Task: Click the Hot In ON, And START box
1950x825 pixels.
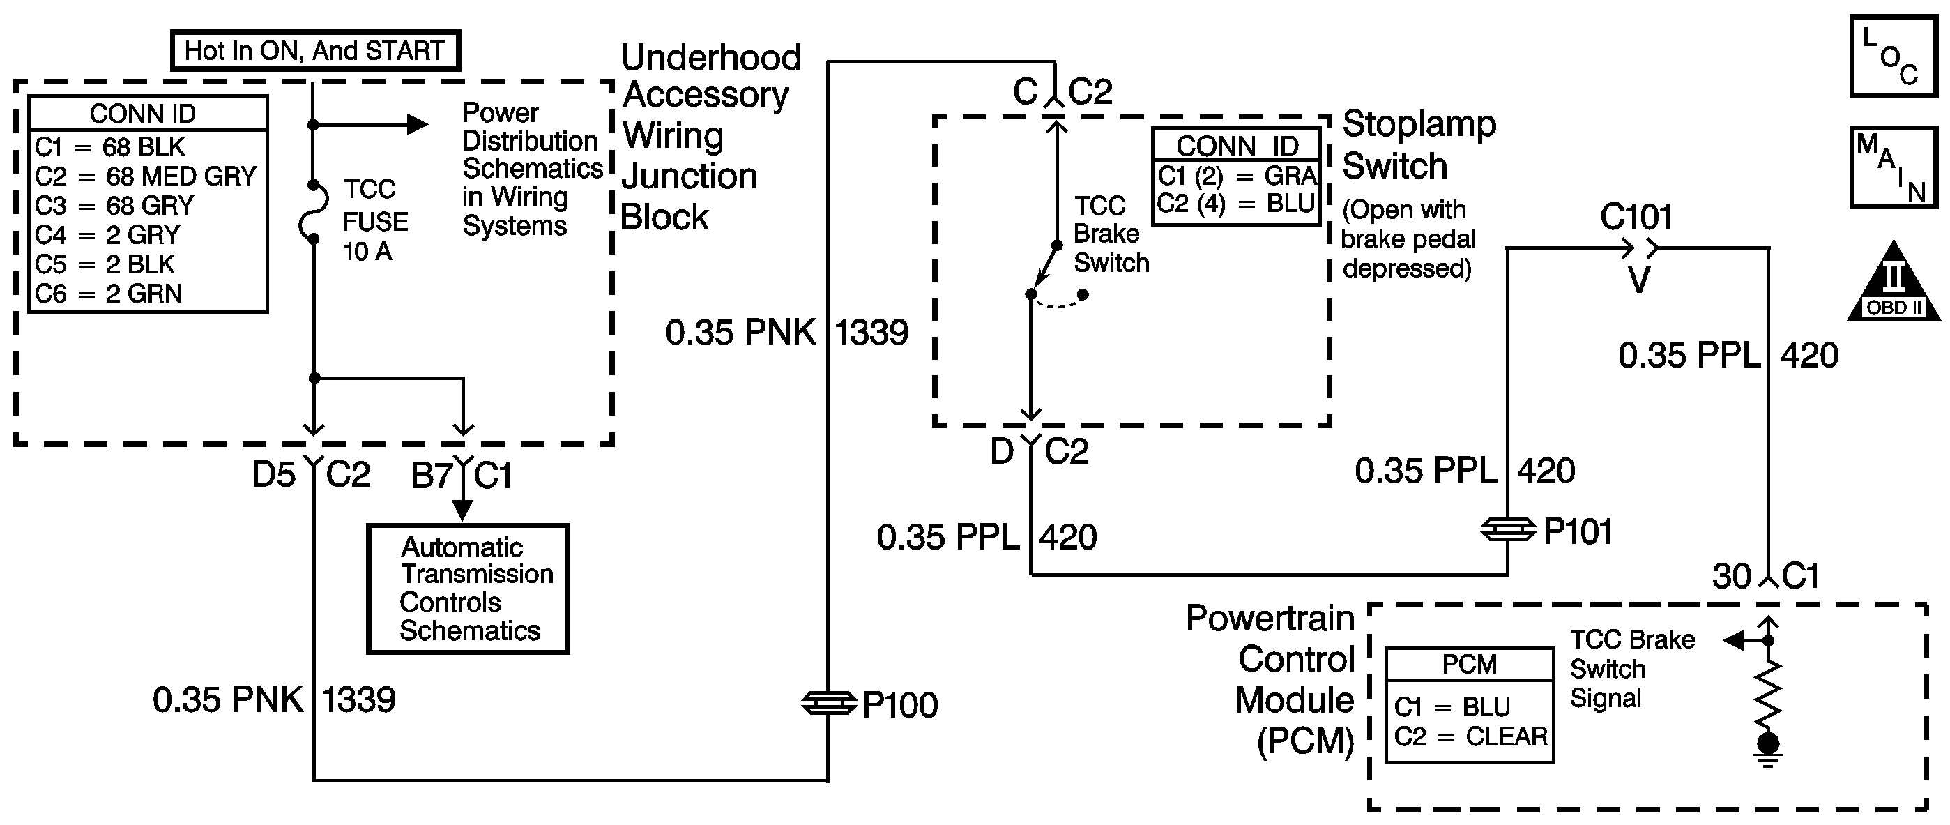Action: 315,51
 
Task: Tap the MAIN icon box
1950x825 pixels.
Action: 1892,167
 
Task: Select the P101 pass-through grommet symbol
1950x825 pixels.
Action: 1507,530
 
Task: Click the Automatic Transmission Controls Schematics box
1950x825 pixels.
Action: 468,589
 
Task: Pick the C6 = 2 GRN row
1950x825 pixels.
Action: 108,294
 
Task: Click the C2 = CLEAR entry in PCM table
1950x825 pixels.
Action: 1470,736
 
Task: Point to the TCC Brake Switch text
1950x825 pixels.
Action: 1111,234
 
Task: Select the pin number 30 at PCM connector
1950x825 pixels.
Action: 1731,577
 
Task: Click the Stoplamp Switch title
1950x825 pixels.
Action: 1418,144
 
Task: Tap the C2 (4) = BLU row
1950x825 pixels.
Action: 1235,204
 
